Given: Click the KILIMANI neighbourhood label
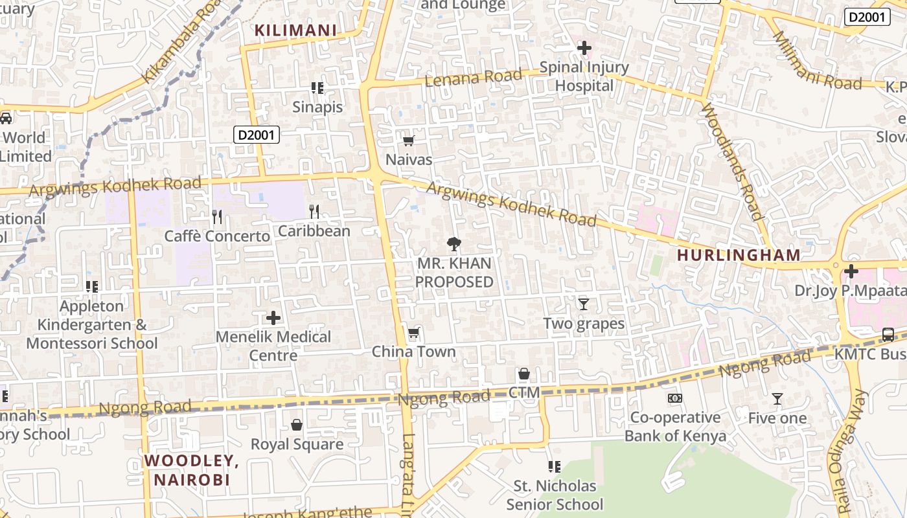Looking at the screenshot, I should (295, 30).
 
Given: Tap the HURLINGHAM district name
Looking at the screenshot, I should (739, 255).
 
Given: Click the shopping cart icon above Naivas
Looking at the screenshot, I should (408, 141).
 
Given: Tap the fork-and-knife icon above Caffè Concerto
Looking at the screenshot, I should (217, 216).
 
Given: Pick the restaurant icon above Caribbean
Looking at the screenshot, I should (314, 211).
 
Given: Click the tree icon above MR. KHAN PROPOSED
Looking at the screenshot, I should (454, 244).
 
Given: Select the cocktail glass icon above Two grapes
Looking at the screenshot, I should (584, 304).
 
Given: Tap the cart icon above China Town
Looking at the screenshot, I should (413, 333).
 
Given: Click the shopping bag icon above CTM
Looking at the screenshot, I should (524, 374).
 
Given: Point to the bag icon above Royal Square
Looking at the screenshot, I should (297, 425).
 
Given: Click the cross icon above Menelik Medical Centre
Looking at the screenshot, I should (273, 318).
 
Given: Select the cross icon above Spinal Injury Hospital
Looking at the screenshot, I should (584, 48).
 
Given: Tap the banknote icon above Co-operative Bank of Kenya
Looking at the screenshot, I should (675, 398).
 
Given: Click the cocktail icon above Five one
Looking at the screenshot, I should (777, 399).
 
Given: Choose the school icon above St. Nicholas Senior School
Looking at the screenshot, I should (554, 466).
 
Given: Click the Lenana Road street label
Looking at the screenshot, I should (473, 78).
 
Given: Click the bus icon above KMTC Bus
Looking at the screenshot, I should (888, 335).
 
